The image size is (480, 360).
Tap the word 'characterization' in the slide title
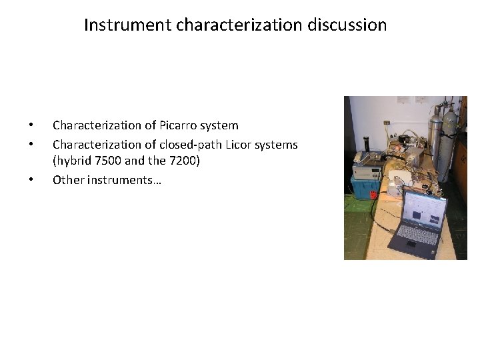pyautogui.click(x=230, y=25)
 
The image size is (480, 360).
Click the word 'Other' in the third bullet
pyautogui.click(x=68, y=179)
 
